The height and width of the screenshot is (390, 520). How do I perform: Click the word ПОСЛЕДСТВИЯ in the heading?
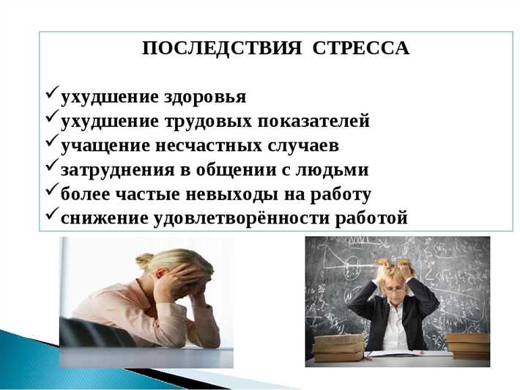222,48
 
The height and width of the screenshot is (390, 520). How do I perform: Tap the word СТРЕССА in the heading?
360,48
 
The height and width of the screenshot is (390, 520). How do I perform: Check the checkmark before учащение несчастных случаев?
52,143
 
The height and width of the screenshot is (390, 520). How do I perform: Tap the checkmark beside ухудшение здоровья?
52,95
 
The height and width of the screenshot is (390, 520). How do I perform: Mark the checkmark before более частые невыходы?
52,192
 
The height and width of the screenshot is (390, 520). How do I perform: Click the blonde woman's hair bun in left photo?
144,260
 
